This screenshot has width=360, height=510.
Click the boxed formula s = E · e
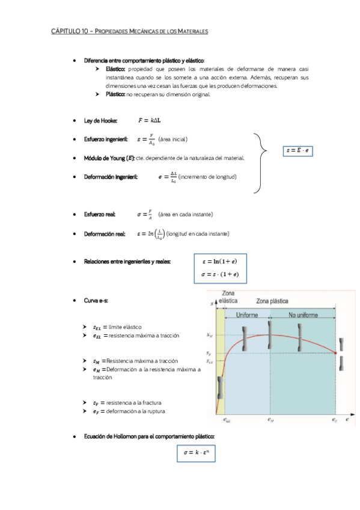click(x=299, y=150)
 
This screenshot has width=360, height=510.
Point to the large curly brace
click(x=260, y=164)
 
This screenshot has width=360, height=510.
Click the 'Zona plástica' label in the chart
click(x=276, y=301)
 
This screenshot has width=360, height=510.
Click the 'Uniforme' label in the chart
click(x=247, y=315)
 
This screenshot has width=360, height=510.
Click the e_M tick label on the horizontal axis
click(x=270, y=420)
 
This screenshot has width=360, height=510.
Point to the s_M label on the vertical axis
click(x=209, y=335)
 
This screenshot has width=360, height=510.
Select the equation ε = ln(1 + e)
click(x=220, y=261)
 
